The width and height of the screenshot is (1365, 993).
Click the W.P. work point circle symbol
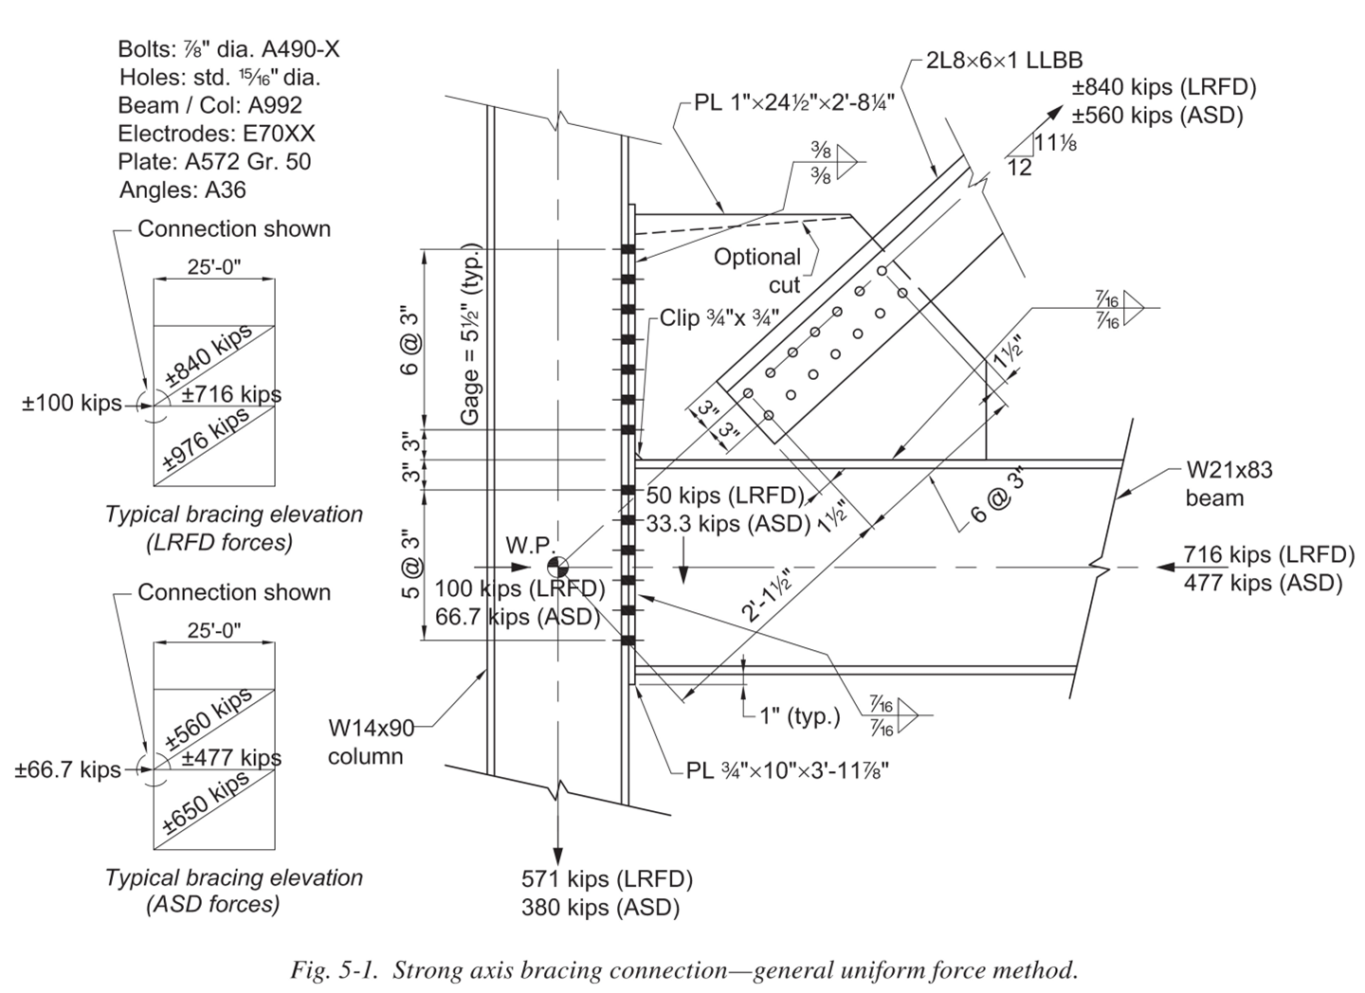[558, 567]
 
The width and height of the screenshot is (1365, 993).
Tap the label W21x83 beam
[1228, 483]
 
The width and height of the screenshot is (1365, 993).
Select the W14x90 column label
[372, 742]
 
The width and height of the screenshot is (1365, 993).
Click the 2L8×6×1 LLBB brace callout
[1006, 61]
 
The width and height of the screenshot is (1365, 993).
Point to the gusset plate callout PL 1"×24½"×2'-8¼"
[794, 100]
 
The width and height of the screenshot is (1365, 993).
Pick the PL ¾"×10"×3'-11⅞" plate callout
[787, 769]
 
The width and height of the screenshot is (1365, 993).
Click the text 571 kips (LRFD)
[607, 878]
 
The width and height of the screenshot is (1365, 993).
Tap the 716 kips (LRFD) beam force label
[1263, 554]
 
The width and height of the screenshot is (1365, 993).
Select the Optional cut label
[756, 270]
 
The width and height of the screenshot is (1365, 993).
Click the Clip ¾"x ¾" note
[719, 317]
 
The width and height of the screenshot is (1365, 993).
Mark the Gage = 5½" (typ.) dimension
[471, 334]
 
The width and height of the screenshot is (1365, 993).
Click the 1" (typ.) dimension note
[799, 716]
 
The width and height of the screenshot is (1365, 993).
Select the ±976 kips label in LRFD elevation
[207, 439]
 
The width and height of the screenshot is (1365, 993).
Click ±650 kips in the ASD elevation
[207, 802]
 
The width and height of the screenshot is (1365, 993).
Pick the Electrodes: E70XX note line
[216, 133]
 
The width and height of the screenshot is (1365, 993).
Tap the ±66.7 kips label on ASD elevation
[66, 769]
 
